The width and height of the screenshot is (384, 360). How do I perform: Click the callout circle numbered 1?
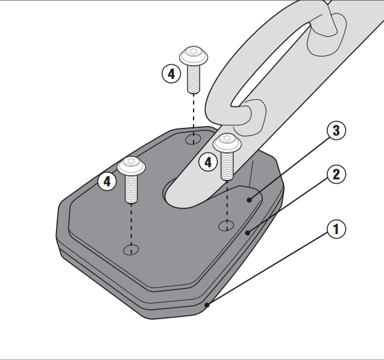point(336,229)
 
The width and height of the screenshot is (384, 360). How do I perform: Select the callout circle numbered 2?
point(336,175)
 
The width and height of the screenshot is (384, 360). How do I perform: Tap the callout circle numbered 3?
point(336,130)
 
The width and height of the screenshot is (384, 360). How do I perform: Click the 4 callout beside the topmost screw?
point(171,74)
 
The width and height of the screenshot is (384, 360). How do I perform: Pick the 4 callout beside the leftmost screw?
point(107,181)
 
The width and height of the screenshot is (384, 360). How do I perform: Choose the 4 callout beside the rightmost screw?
point(208,162)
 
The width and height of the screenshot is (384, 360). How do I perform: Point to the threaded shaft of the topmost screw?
point(194,79)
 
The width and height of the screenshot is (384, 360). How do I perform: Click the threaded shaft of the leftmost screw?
point(131,189)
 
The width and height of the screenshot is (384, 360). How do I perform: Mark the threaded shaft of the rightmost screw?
point(227,166)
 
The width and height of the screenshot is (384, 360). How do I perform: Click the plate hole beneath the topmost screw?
point(193,139)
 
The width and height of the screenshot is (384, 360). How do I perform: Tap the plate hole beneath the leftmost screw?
point(131,249)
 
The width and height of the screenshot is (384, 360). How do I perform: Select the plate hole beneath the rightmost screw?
point(226,226)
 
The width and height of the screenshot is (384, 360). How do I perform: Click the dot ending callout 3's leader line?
point(249,200)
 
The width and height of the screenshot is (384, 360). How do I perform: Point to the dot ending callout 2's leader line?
point(248,233)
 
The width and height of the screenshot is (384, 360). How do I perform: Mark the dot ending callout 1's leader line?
point(207,305)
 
